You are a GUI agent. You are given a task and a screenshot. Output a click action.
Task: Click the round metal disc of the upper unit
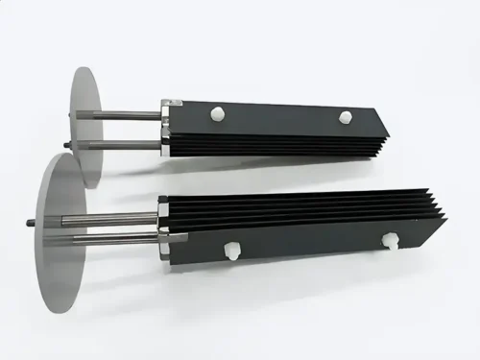click(86, 125)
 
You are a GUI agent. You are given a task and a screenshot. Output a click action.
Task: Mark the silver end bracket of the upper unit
click(167, 125)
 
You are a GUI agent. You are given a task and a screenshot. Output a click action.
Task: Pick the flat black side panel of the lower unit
click(307, 247)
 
